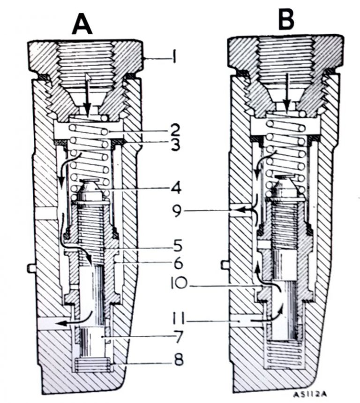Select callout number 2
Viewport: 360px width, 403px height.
tap(174, 128)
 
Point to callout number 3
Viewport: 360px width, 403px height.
tap(175, 145)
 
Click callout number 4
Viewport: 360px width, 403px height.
tap(175, 190)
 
